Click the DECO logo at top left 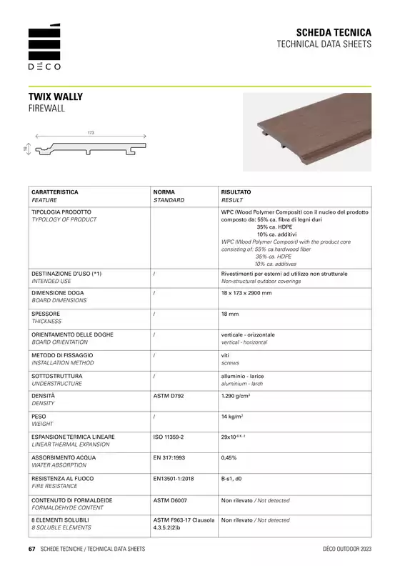pos(44,48)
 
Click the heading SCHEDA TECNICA pos(334,33)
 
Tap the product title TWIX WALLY pos(56,96)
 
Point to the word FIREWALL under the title pos(46,108)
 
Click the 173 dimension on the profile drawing pos(91,132)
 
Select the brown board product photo pos(306,132)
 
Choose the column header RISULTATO pos(236,192)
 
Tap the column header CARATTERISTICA pos(55,192)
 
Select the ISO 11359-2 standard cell pos(169,436)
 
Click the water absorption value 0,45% pos(230,456)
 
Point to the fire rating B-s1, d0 pos(232,477)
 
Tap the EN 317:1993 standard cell pos(169,456)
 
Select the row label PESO pos(39,415)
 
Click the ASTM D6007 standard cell pos(171,500)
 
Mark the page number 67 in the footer pos(31,549)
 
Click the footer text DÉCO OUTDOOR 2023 pos(347,549)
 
